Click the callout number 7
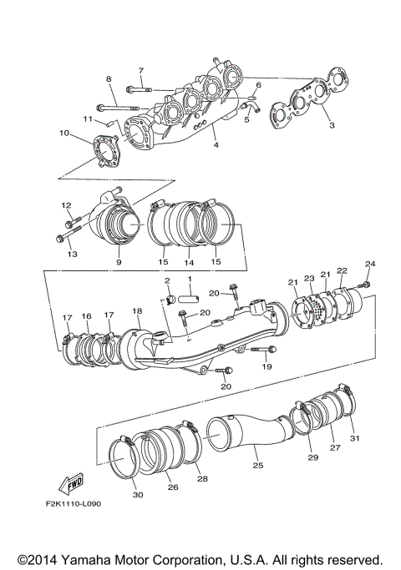click(140, 70)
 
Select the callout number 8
click(108, 79)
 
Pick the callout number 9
click(118, 262)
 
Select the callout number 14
click(189, 262)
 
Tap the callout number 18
click(137, 310)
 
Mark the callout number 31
click(353, 439)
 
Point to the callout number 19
click(268, 366)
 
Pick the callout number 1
click(190, 280)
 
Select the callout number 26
click(173, 487)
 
